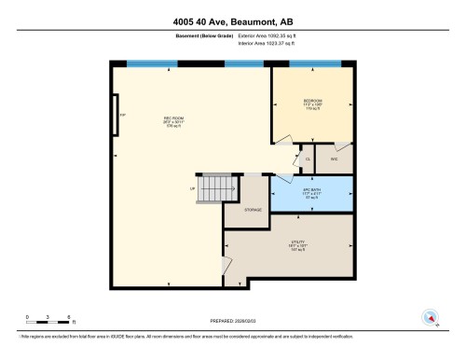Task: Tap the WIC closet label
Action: [334, 159]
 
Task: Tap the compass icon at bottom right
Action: [431, 317]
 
